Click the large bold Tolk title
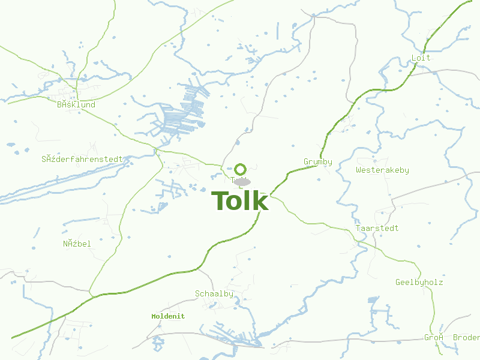click(240, 201)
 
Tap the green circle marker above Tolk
click(241, 169)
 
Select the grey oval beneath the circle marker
click(242, 181)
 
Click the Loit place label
click(421, 58)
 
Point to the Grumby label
click(318, 162)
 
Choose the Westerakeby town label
click(382, 170)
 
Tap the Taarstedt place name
click(377, 229)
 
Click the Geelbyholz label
click(419, 283)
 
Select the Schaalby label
click(214, 294)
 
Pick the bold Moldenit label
click(168, 316)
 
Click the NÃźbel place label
click(77, 244)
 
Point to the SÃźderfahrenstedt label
click(82, 160)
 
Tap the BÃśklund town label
click(76, 104)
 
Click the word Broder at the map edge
click(466, 338)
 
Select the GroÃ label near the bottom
click(433, 338)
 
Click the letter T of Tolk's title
click(220, 201)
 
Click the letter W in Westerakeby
click(358, 170)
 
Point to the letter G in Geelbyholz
click(398, 283)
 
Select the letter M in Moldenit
click(154, 316)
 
